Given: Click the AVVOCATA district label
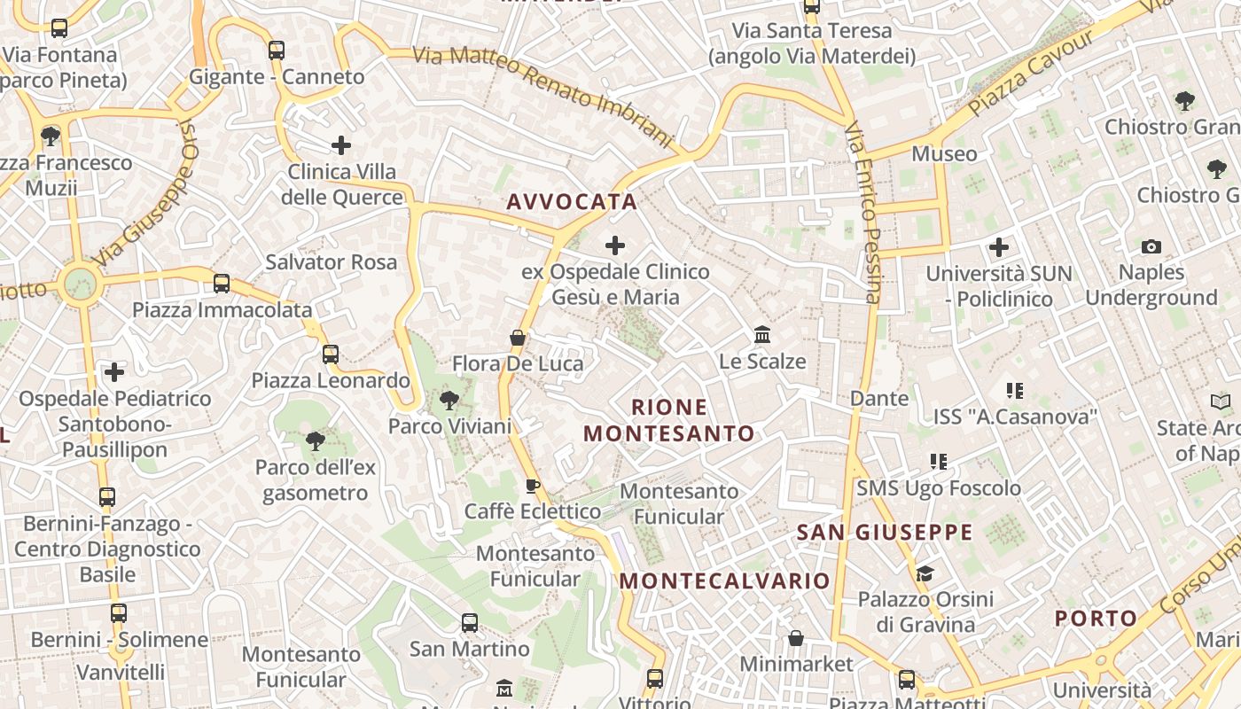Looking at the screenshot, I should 572,202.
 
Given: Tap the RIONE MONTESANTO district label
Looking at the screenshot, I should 669,420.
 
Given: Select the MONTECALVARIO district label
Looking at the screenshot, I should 724,581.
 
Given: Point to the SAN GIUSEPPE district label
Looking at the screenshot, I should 885,533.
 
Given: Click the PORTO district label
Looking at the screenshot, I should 1096,619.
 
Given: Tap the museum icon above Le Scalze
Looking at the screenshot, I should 762,335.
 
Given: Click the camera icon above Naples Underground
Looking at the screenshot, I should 1151,246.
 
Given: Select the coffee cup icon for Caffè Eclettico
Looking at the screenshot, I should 532,486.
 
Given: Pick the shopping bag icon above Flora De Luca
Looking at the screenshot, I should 518,338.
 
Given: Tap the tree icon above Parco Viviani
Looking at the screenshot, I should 449,401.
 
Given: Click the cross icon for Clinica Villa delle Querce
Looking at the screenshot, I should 341,145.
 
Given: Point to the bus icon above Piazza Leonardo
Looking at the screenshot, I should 331,354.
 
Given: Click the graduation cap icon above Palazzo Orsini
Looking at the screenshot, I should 925,573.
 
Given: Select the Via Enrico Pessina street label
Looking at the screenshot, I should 862,213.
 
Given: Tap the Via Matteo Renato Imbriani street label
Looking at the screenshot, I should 542,92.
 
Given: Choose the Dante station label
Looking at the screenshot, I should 879,399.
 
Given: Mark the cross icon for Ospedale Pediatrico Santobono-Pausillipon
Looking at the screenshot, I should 114,372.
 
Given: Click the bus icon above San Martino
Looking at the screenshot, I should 470,623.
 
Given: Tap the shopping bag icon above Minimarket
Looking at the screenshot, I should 796,638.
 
